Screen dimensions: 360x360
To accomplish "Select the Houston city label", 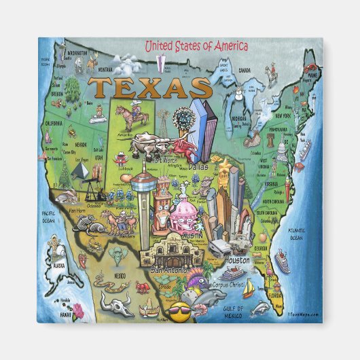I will [237, 260].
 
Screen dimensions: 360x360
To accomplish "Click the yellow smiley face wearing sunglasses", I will [181, 314].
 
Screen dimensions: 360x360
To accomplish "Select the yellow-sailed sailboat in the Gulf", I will [249, 291].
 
